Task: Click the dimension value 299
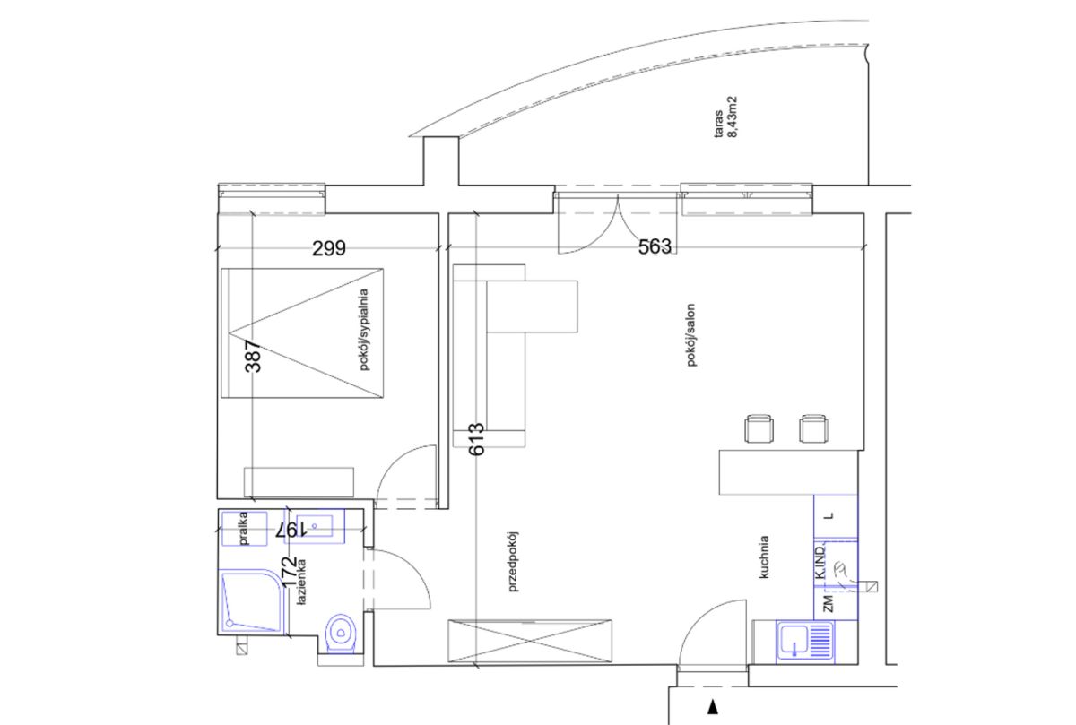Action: tap(329, 248)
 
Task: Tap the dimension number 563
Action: tap(655, 246)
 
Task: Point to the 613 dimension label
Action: tap(476, 439)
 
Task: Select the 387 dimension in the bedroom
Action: tap(253, 357)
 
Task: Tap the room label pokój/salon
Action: tap(691, 335)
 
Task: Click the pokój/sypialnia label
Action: tap(365, 330)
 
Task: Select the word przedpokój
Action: tap(513, 561)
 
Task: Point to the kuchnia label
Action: tap(764, 557)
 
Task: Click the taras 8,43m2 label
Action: tap(725, 117)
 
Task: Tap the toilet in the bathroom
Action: tap(341, 634)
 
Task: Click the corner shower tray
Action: tap(253, 601)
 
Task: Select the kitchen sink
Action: tap(805, 642)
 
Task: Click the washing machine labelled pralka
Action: tap(245, 529)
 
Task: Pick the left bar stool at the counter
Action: tap(759, 428)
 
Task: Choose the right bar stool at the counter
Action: tap(814, 428)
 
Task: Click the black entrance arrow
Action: tap(713, 707)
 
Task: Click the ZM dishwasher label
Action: tap(829, 603)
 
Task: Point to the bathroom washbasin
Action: tap(315, 526)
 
